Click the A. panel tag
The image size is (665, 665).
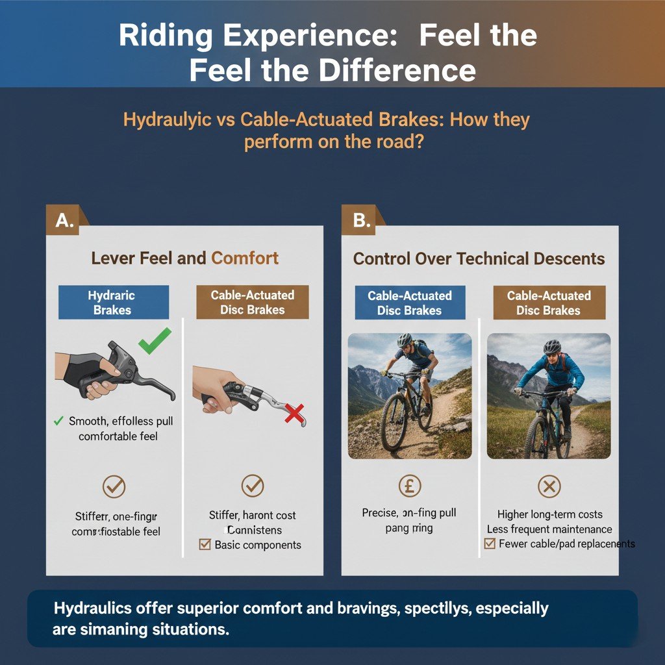point(64,221)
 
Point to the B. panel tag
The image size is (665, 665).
point(361,221)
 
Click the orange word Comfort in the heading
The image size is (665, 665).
point(245,258)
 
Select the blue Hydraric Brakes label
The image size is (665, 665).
point(113,303)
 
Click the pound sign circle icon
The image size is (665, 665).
point(409,485)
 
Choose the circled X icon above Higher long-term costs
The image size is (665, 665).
point(549,485)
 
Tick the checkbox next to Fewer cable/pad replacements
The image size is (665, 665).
point(490,544)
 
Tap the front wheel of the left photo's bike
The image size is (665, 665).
point(395,422)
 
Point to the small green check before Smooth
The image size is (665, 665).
point(59,421)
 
